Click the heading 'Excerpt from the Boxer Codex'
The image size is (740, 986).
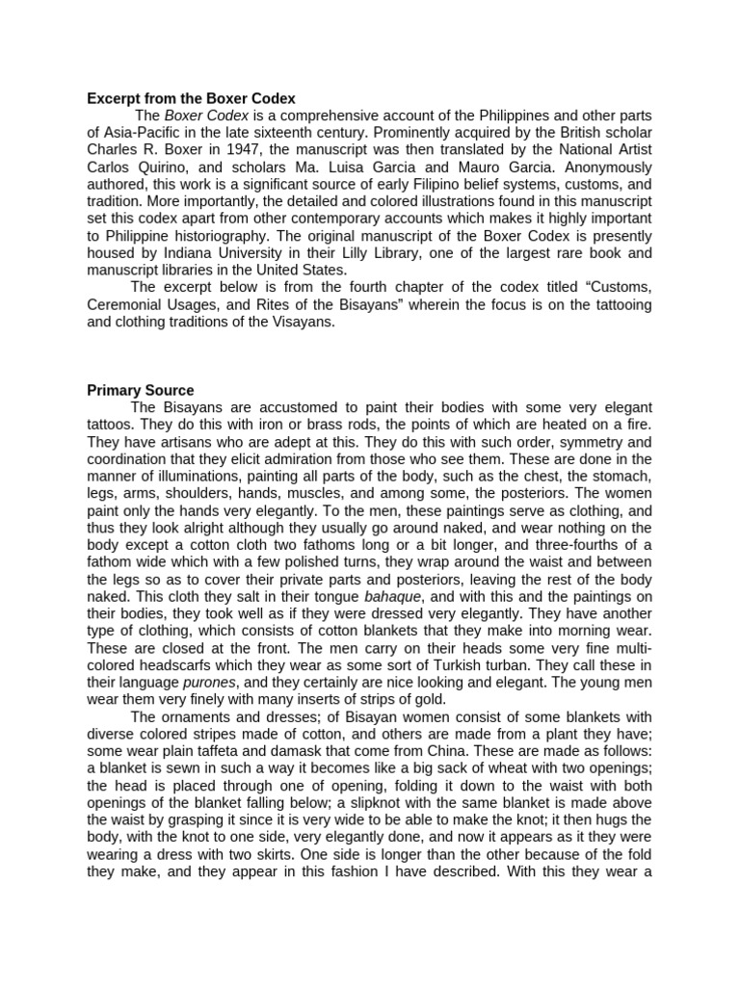pos(191,98)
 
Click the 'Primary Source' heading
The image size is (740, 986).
pos(141,390)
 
